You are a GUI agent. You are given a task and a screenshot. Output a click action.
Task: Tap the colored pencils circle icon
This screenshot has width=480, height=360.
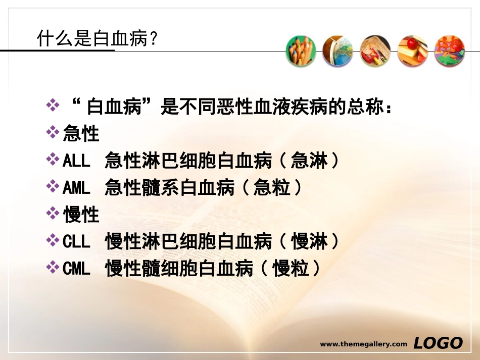pos(301,51)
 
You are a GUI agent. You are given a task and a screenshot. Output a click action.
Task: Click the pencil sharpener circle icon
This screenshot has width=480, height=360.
pos(375,51)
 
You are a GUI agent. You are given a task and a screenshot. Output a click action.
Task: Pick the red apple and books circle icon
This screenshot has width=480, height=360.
pos(412,51)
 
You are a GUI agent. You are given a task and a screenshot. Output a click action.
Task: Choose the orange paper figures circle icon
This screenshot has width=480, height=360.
pos(450,51)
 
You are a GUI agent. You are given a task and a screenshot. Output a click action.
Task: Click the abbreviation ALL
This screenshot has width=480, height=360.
pos(76,161)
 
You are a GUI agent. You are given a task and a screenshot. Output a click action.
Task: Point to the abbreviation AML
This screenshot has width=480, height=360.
pos(76,188)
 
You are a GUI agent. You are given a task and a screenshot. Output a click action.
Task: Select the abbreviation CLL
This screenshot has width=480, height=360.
pos(76,242)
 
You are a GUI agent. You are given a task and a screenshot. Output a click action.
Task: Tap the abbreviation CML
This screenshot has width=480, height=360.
pos(76,269)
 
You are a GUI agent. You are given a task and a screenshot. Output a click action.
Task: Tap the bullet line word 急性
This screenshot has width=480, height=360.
pos(81,134)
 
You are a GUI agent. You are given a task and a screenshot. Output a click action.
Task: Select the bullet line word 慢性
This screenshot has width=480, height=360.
pos(81,215)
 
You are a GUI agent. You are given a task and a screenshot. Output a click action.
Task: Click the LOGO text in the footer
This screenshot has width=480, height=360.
pos(438,343)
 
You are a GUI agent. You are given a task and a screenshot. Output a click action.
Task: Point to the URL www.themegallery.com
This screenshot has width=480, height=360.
pos(363,344)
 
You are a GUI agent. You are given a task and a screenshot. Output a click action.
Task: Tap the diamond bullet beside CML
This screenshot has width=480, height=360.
pos(52,268)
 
